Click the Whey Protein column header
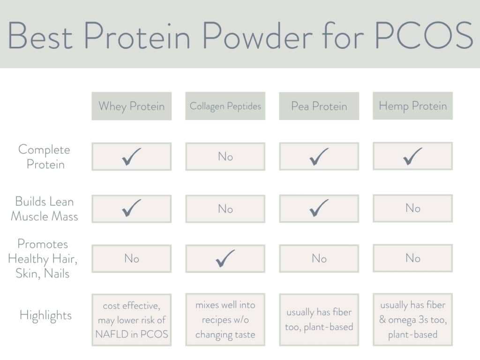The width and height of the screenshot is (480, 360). [131, 106]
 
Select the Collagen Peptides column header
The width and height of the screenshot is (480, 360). [225, 106]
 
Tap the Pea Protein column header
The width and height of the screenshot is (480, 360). [319, 106]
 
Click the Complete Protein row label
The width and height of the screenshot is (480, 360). [45, 157]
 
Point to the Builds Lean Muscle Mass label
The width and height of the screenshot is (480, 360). [45, 209]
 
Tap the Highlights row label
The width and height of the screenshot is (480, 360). [45, 315]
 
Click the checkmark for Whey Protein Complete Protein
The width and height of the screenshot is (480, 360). [131, 157]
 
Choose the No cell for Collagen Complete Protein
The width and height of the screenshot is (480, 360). [225, 157]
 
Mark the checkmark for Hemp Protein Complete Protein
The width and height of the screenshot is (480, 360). [412, 156]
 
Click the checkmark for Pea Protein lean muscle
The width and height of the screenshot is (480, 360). [319, 209]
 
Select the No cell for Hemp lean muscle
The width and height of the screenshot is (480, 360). [412, 208]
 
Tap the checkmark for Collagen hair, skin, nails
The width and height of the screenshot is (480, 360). [225, 258]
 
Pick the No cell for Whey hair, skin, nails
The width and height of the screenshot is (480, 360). [131, 258]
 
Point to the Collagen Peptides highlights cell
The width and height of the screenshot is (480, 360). [225, 320]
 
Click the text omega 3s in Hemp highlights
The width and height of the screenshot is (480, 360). [417, 320]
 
